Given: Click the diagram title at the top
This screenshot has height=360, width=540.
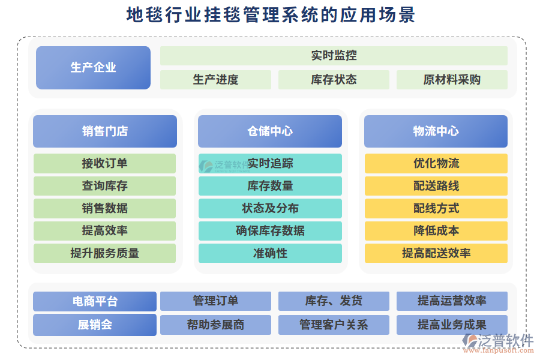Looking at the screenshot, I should click(x=270, y=14).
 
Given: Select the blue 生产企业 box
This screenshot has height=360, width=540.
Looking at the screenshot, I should click(x=93, y=67).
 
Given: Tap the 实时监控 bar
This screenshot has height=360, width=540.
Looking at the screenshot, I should click(x=334, y=56).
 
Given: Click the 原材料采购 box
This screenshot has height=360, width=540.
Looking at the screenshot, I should click(x=452, y=80).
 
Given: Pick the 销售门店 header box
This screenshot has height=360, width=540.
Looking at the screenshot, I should click(x=105, y=131).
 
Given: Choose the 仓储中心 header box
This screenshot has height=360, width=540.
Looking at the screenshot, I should click(x=270, y=131).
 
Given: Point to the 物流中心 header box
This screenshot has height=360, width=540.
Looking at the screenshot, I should click(x=436, y=131).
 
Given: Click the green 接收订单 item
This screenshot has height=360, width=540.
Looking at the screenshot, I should click(x=105, y=163).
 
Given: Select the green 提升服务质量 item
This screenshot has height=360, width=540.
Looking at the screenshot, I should click(x=105, y=253).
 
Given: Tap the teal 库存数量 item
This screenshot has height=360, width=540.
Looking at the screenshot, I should click(x=270, y=186).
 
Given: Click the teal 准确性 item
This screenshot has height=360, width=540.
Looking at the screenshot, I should click(x=270, y=253).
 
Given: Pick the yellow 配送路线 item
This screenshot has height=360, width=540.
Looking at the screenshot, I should click(x=436, y=186).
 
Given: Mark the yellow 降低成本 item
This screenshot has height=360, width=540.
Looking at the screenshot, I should click(x=436, y=230).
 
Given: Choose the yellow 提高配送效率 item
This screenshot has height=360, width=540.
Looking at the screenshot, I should click(x=436, y=253).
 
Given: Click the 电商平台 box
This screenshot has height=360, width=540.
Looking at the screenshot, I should click(x=95, y=301).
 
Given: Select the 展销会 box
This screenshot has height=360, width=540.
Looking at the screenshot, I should click(x=95, y=325).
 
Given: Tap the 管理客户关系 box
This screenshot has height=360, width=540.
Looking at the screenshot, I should click(x=334, y=325).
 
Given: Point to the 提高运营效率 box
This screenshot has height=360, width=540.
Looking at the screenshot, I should click(x=452, y=301).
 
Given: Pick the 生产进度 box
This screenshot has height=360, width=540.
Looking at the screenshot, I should click(x=215, y=80).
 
